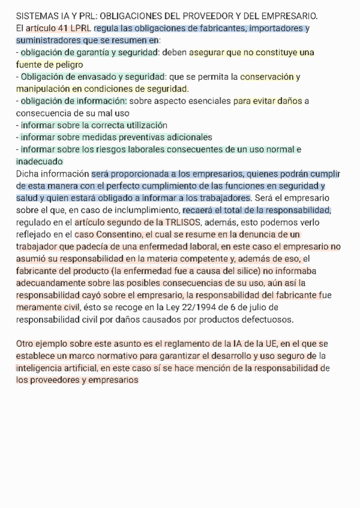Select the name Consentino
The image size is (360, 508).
(118, 234)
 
